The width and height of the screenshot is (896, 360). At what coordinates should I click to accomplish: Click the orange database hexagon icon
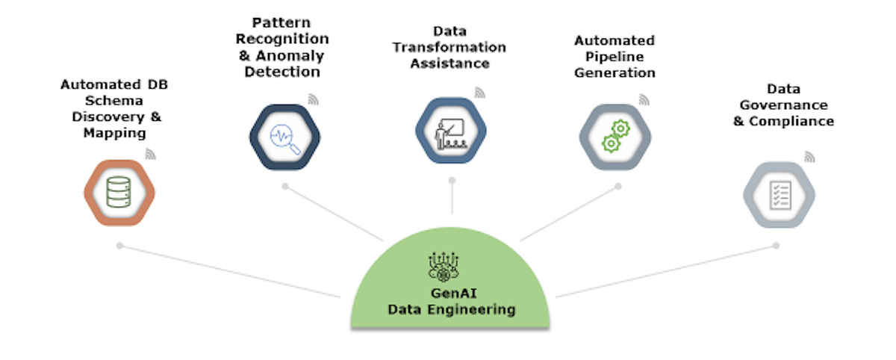119,193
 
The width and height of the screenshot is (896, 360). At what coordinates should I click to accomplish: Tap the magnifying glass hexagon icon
284,137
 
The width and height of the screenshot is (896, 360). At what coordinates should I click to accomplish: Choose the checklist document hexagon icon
779,194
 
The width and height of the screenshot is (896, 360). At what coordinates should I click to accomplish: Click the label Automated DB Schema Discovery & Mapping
114,109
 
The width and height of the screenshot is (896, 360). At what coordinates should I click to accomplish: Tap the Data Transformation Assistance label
449,47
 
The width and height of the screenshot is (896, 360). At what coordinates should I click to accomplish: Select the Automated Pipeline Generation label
615,56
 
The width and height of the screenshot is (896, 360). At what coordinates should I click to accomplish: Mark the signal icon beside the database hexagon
150,155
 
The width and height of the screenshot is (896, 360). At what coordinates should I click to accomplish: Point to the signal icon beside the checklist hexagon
810,157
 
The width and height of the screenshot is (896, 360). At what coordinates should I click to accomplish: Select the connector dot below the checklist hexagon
777,245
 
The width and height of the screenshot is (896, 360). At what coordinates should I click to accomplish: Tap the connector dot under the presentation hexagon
451,181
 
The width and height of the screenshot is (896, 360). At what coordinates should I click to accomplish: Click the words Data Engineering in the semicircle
451,309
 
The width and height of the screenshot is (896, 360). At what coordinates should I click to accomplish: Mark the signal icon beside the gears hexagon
644,98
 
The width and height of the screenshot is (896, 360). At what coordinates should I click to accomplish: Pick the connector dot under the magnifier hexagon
284,186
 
